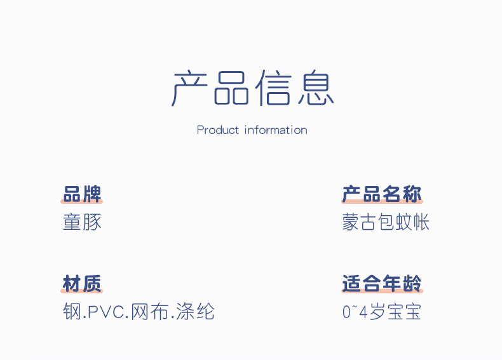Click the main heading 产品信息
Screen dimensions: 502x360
[x=252, y=88]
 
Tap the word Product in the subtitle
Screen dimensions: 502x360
[x=218, y=130]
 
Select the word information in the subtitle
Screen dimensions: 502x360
[x=276, y=130]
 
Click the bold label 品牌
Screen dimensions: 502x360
[x=82, y=194]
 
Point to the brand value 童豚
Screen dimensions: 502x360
[x=82, y=222]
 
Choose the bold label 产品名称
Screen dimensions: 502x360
[x=382, y=194]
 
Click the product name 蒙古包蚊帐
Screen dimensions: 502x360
[x=386, y=222]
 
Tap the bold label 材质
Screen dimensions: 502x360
[x=82, y=283]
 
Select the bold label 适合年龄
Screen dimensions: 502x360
[x=382, y=283]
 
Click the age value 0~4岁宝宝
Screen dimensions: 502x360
[x=382, y=312]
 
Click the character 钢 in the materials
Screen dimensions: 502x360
[x=71, y=312]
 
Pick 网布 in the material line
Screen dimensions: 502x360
[x=149, y=312]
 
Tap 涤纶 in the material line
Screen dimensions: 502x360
[x=196, y=312]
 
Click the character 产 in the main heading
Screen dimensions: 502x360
[x=191, y=88]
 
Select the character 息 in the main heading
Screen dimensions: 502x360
[x=315, y=88]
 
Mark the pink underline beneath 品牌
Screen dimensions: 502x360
[x=82, y=202]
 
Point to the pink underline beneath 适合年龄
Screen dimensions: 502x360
[x=382, y=291]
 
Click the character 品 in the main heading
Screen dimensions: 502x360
[x=231, y=88]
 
